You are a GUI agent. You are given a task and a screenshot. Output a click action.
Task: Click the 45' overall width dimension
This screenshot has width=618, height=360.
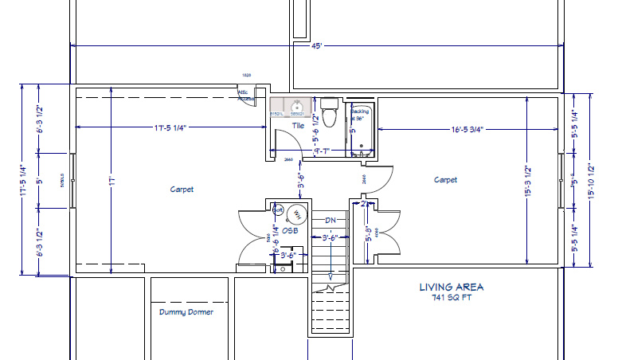point(316,47)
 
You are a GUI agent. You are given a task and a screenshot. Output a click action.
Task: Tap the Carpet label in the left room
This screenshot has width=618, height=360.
point(182,190)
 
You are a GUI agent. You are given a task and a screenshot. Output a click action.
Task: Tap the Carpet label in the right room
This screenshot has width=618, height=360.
point(445,180)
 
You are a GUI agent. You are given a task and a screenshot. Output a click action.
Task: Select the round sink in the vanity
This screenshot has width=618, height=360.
point(297,105)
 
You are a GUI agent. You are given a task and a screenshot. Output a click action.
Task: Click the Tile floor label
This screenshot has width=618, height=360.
point(297,126)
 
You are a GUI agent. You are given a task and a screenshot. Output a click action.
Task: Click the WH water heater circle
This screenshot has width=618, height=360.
point(296,213)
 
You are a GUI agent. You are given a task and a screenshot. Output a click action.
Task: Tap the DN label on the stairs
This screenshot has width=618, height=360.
point(331,221)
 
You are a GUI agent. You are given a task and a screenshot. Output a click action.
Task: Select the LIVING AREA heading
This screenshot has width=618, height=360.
point(452,287)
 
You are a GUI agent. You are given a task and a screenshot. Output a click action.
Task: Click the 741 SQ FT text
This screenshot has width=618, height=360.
point(452,298)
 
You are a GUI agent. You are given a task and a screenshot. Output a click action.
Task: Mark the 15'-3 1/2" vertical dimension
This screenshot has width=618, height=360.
point(527,182)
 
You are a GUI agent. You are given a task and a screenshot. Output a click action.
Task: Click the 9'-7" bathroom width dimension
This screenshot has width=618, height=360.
point(323,150)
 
